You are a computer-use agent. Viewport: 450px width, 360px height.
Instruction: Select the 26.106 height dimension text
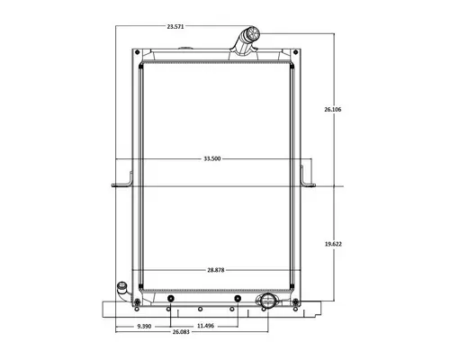coord(333,110)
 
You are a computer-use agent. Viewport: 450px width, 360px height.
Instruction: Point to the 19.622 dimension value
coord(333,244)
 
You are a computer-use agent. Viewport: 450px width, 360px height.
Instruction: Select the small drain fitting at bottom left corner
coord(121,291)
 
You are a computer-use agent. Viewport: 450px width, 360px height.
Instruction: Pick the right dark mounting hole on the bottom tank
coord(235,298)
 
